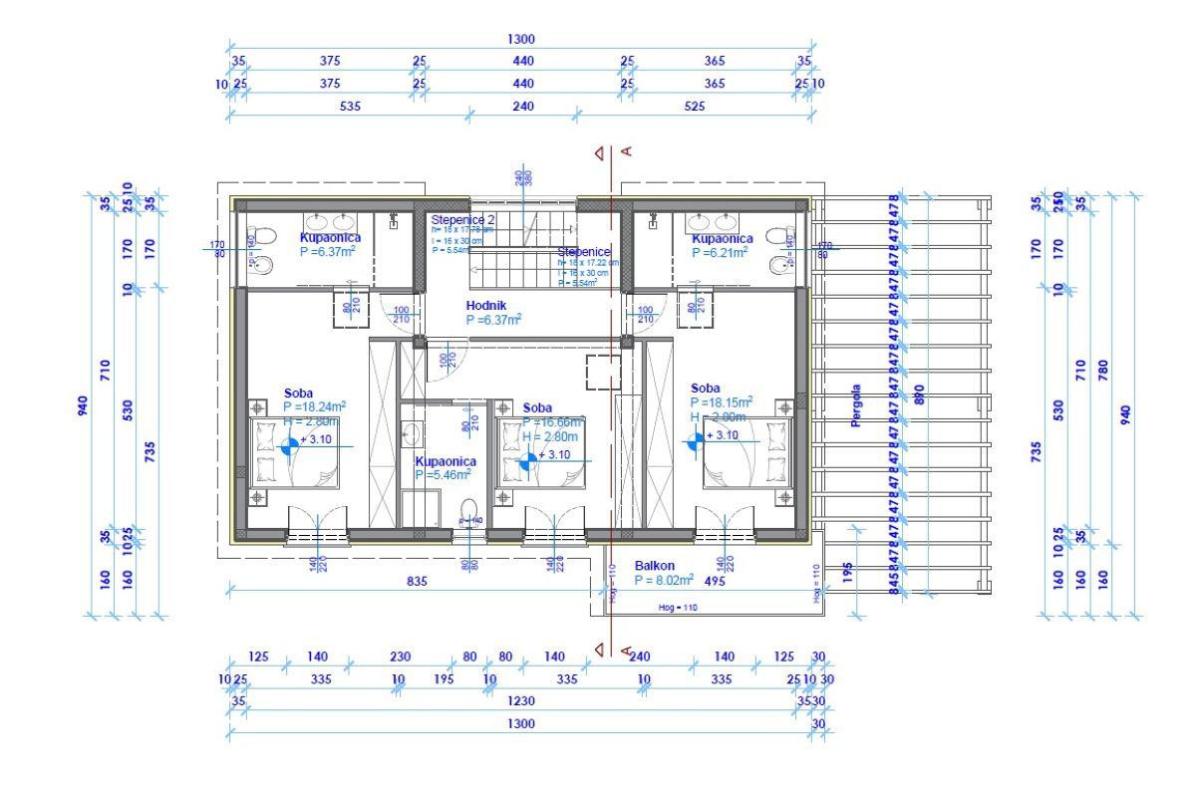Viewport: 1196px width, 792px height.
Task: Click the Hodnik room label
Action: [x=486, y=305]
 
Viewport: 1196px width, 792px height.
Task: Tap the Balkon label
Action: [x=655, y=566]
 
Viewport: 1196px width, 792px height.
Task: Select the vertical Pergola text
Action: [x=855, y=405]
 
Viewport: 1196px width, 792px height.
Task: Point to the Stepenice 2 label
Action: [x=462, y=219]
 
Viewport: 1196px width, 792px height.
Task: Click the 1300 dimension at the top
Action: [x=521, y=40]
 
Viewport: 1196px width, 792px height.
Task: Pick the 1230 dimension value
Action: [x=521, y=701]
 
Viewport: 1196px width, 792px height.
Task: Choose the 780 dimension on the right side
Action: [x=1102, y=371]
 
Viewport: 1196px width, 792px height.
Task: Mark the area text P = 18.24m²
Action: [x=314, y=406]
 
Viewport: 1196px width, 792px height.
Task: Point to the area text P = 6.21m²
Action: [x=722, y=253]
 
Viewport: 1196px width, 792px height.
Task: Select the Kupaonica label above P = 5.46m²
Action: [x=446, y=462]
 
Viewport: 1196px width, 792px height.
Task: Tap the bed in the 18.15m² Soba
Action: [x=746, y=453]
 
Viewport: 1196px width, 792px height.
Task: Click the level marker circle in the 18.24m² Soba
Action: [x=290, y=447]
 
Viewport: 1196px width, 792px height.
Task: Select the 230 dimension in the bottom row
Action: [x=400, y=657]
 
